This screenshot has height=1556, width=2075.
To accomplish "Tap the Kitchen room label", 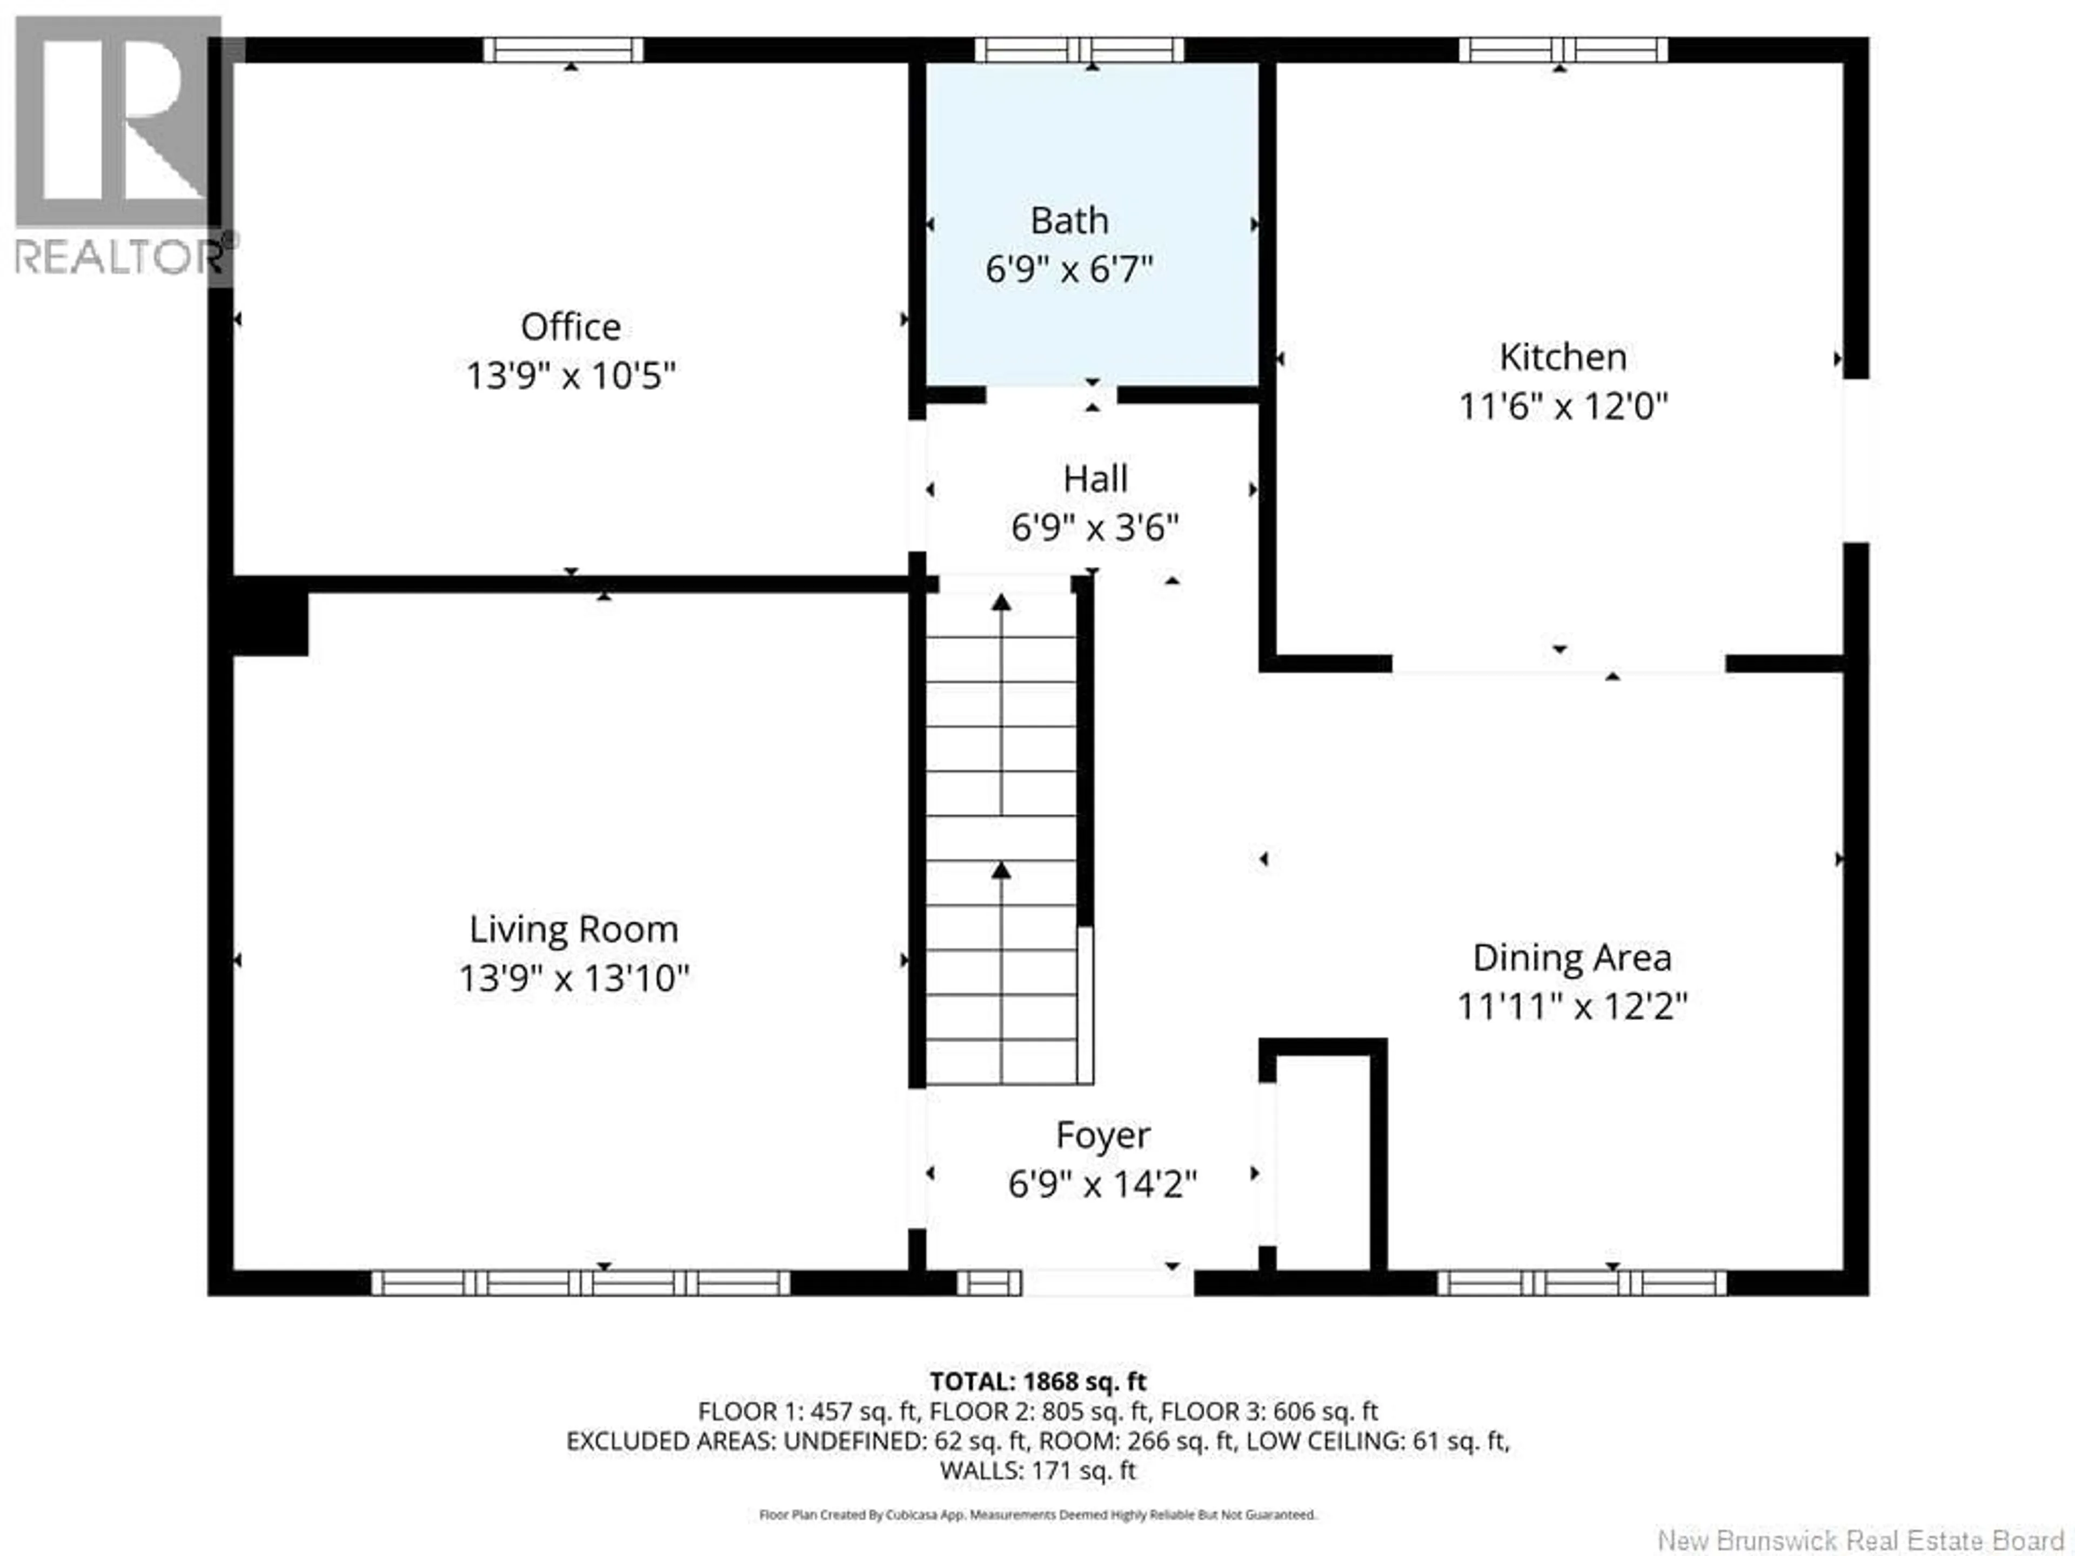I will coord(1563,357).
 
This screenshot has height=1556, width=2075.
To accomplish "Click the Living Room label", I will coord(573,929).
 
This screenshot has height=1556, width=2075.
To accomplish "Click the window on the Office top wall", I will coord(564,50).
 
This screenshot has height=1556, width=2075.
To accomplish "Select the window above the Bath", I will coord(1079,50).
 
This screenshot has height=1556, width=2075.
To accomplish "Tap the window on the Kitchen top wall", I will coord(1563,50).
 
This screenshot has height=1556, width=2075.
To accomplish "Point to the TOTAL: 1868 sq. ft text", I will coord(1037,1381).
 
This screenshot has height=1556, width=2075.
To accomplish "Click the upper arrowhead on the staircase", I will coord(1002,603).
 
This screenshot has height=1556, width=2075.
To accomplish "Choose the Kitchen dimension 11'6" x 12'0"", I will coord(1563,407).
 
